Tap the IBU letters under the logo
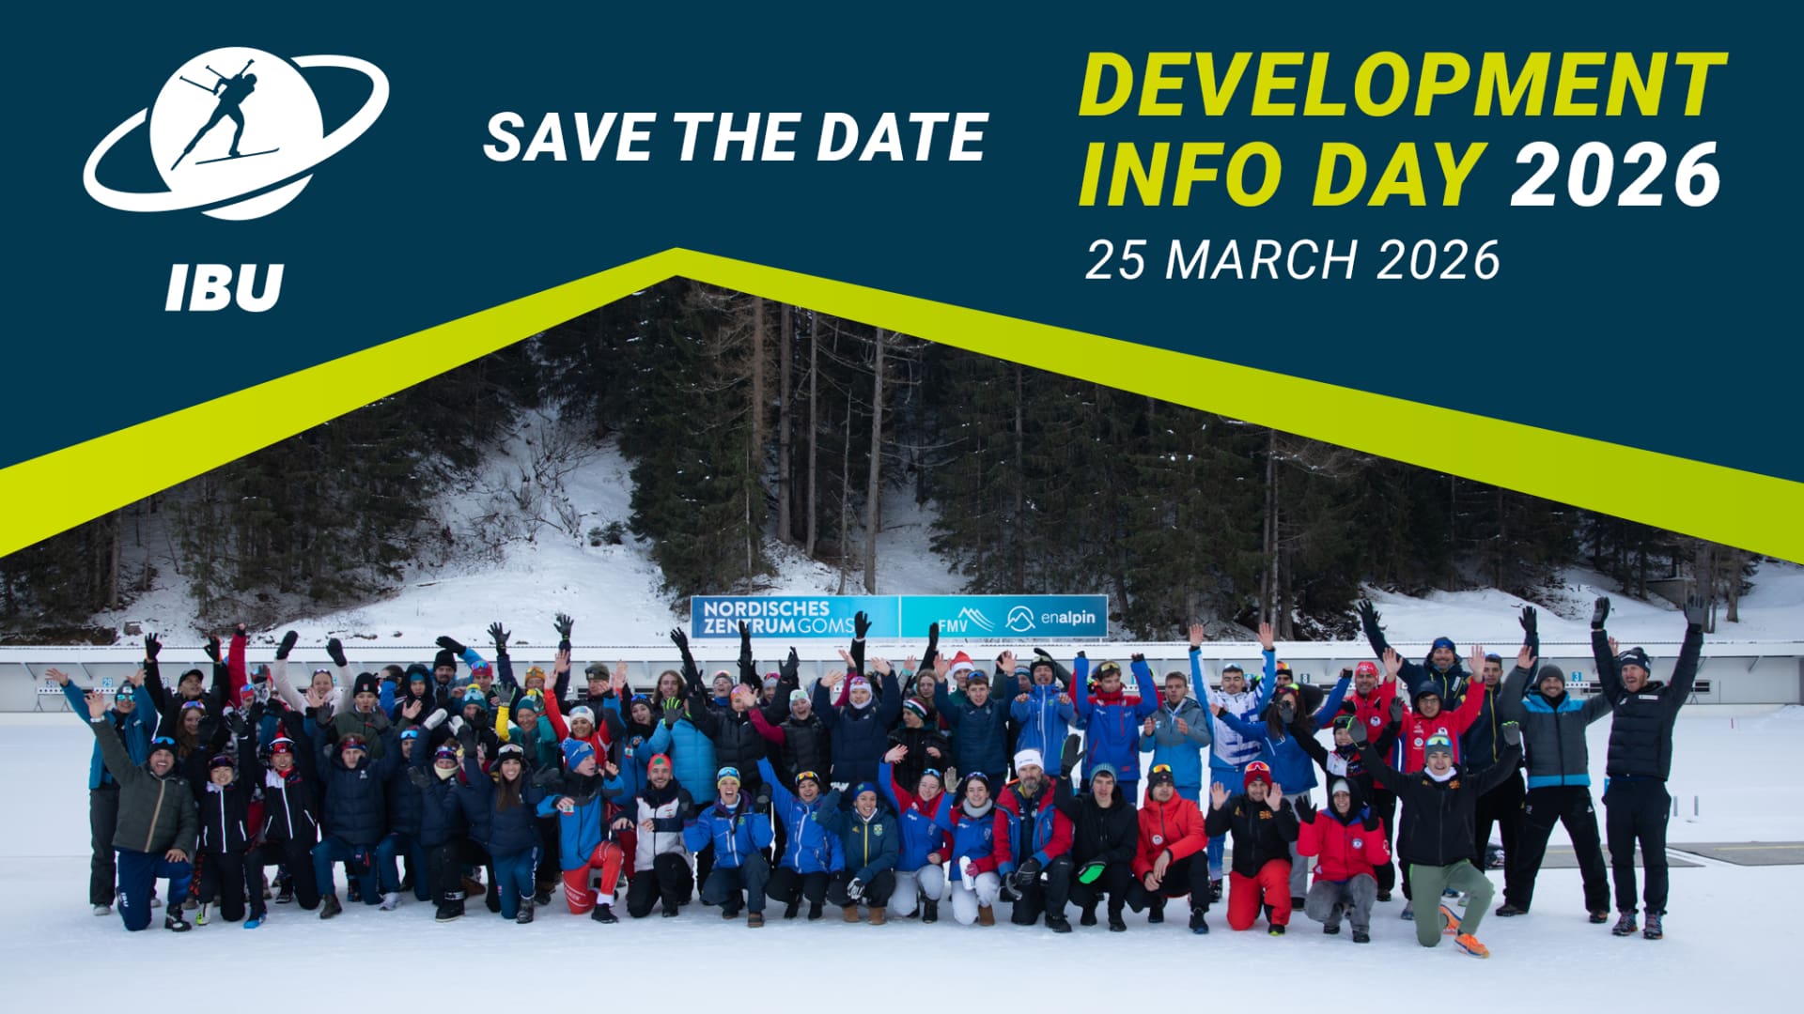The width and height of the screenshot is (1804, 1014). click(x=225, y=286)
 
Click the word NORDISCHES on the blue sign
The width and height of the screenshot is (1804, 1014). click(x=767, y=608)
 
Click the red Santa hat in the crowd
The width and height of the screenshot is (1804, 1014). click(x=961, y=664)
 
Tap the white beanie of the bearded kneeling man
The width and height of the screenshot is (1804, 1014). click(x=1028, y=758)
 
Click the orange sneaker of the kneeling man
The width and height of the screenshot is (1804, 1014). click(x=1469, y=943)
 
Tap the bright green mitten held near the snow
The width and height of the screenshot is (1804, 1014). click(x=1092, y=872)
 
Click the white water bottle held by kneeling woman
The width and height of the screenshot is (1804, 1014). click(x=967, y=872)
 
